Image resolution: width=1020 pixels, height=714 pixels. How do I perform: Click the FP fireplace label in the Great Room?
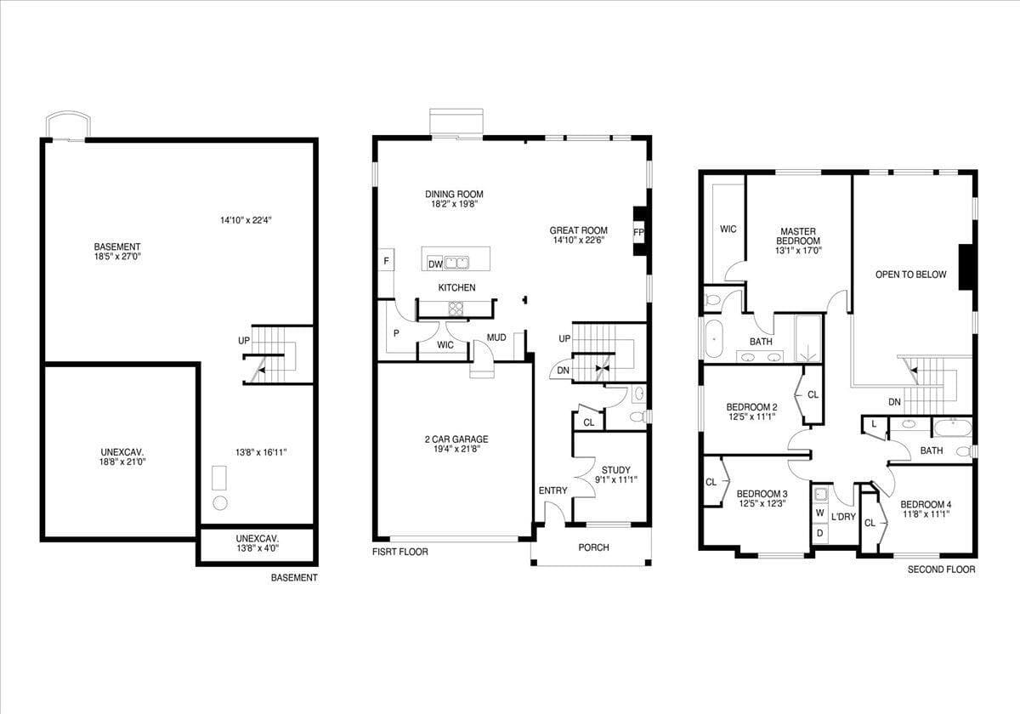[x=637, y=232]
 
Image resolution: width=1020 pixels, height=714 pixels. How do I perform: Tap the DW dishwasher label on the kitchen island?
[x=435, y=263]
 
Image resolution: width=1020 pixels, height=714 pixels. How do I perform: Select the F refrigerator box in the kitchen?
[x=387, y=261]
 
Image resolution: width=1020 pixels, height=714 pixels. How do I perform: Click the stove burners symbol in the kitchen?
[x=456, y=309]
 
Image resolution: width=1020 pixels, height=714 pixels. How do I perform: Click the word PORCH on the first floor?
[x=593, y=547]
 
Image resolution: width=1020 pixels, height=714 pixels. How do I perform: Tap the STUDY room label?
[x=615, y=469]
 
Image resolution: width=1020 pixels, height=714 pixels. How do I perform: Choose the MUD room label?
[x=496, y=337]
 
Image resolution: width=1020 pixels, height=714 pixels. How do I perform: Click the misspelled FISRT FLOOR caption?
[x=400, y=552]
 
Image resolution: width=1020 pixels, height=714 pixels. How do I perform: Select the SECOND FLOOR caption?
[x=941, y=569]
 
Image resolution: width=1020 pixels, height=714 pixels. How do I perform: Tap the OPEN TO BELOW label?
[x=910, y=275]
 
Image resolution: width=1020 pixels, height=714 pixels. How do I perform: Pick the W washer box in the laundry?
[x=820, y=513]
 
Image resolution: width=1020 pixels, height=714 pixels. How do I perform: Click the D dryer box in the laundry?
[x=820, y=533]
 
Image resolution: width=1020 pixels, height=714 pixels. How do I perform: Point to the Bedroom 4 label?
[x=925, y=502]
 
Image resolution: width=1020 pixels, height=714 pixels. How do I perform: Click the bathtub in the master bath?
[x=714, y=337]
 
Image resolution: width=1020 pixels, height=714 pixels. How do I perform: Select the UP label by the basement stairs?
[x=244, y=341]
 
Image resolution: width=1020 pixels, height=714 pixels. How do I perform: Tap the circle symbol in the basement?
[x=220, y=502]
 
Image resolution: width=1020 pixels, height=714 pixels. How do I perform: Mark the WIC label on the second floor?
[x=728, y=229]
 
